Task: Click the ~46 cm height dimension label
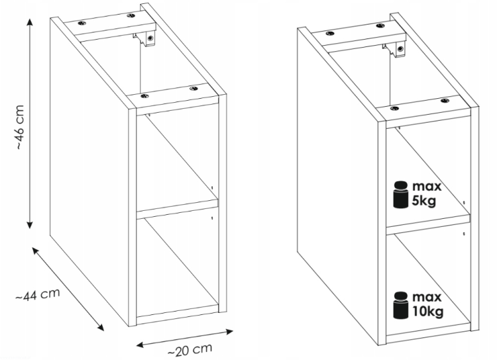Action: click(19, 127)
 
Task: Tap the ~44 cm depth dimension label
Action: click(38, 294)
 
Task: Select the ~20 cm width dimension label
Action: click(190, 349)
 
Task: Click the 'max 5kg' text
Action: click(427, 194)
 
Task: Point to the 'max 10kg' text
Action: click(427, 304)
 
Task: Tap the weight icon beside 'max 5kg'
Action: click(400, 194)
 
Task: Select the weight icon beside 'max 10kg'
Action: click(400, 305)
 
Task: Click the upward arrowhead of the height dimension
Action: click(30, 22)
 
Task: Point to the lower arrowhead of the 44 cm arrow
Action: click(100, 327)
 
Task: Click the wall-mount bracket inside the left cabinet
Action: click(146, 38)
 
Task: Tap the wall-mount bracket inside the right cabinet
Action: click(396, 49)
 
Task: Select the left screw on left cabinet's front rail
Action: click(144, 95)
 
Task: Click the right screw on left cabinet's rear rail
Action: click(131, 15)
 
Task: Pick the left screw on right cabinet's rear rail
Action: click(330, 33)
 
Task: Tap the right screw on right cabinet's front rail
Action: click(445, 101)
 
